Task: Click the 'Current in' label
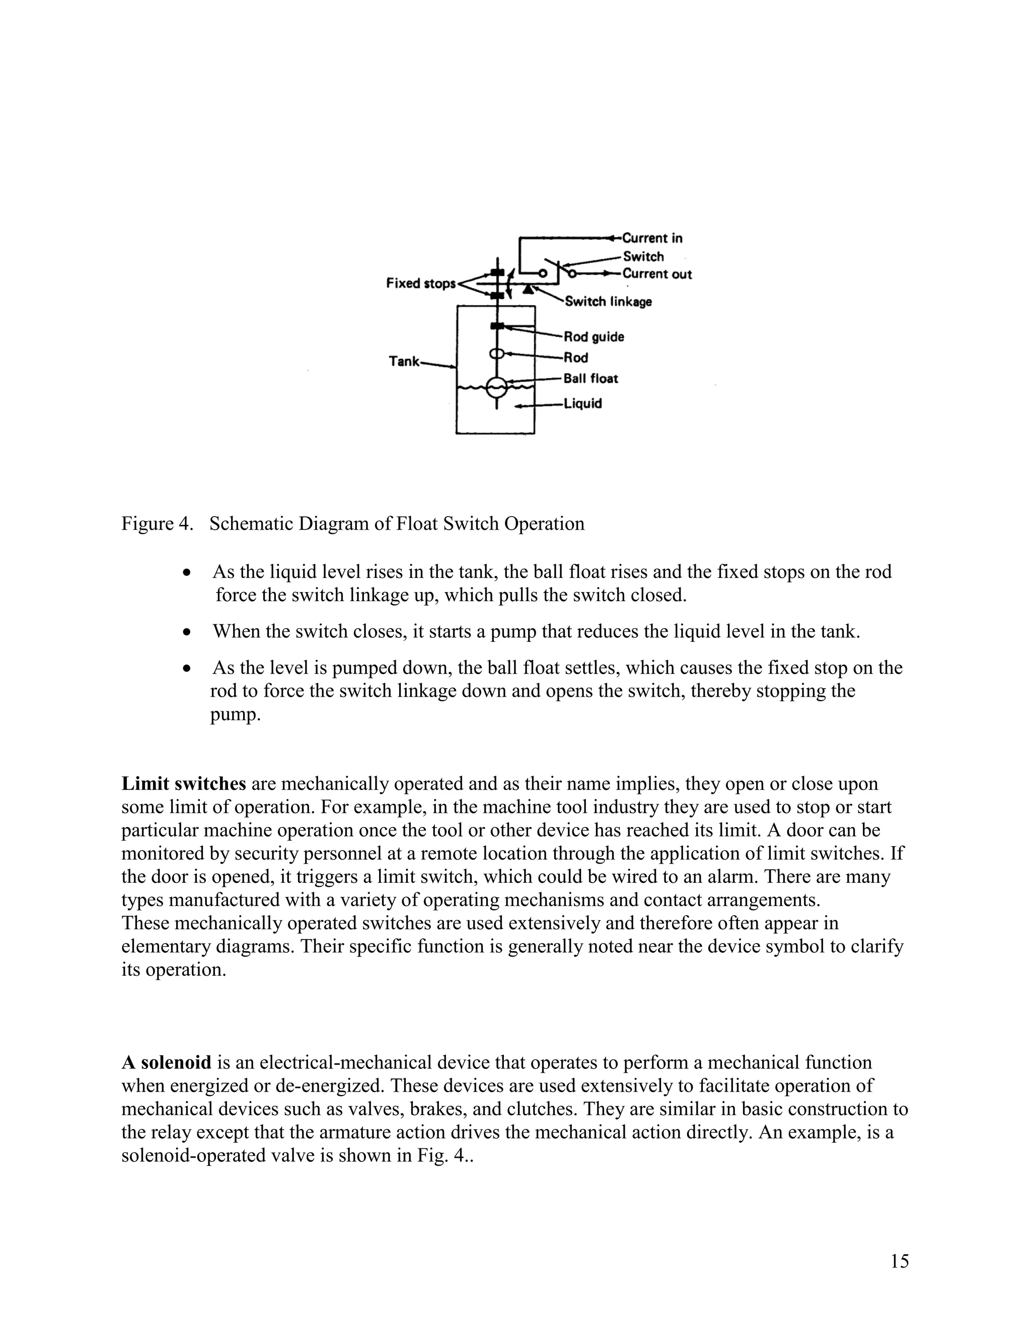(652, 238)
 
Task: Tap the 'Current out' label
(657, 274)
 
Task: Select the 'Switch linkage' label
(608, 301)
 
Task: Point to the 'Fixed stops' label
(421, 283)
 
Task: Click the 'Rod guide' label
(593, 337)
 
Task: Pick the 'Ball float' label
(590, 378)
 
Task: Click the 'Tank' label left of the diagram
(404, 361)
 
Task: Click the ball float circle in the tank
(496, 387)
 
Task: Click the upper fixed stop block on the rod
(497, 273)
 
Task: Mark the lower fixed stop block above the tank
(497, 295)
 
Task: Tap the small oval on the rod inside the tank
(496, 354)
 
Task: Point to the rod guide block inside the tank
(497, 326)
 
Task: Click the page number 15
(899, 1261)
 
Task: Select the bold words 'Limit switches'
(183, 784)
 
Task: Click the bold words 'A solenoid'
(166, 1062)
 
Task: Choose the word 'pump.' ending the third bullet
(235, 714)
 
